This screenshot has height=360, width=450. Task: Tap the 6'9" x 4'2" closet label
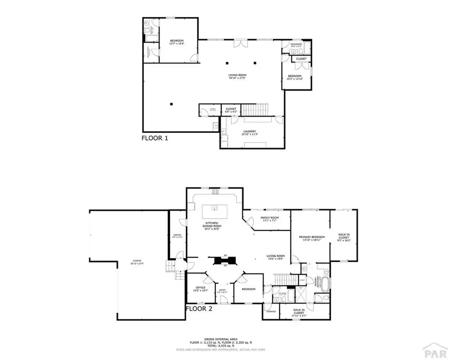pos(231,109)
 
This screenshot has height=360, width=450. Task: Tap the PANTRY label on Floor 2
pos(177,235)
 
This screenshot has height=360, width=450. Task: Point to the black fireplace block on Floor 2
pos(220,260)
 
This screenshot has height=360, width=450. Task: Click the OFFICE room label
pos(199,288)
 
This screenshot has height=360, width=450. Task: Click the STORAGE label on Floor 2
pos(270,311)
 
